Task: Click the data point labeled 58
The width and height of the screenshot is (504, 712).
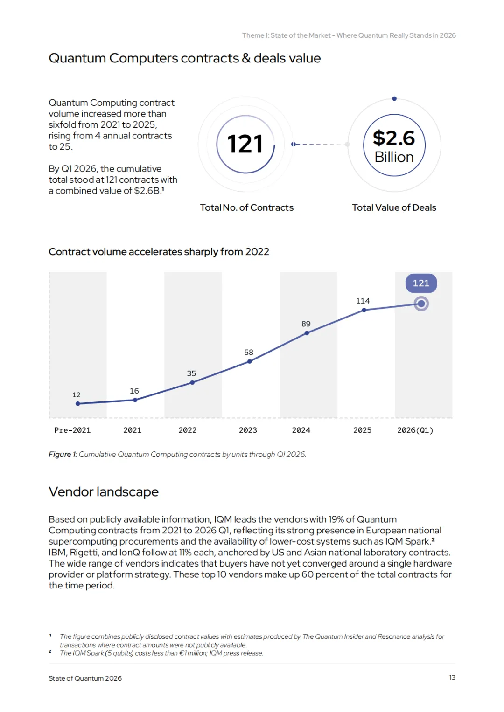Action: [250, 361]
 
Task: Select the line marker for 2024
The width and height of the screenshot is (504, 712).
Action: [307, 333]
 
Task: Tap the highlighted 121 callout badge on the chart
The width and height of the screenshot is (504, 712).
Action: [421, 283]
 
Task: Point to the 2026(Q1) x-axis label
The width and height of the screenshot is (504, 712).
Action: [415, 430]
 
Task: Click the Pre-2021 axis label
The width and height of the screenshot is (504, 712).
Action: [72, 430]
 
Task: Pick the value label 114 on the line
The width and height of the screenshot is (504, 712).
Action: [363, 301]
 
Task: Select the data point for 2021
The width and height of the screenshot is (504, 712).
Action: [135, 400]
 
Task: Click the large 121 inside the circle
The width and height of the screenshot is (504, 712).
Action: [245, 144]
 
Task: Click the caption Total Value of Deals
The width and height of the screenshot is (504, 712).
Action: [394, 207]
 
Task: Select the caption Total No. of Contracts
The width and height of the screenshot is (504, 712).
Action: [246, 207]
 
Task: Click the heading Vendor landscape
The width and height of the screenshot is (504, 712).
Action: [104, 492]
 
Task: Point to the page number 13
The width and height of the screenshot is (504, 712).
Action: [452, 677]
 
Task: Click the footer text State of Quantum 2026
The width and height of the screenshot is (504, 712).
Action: [85, 678]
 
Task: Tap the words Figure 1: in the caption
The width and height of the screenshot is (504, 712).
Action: [63, 454]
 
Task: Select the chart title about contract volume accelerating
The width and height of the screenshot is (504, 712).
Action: [159, 252]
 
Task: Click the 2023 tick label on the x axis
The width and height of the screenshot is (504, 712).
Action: [248, 430]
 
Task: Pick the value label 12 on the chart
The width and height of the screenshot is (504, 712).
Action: [77, 395]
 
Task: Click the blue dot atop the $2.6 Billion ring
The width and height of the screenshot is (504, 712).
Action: [394, 98]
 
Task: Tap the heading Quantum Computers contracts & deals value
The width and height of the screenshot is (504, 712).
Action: [184, 58]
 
